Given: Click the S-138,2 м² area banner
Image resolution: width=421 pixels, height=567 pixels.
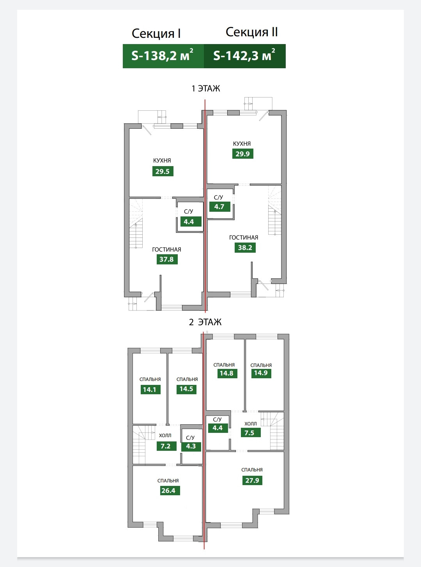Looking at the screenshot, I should point(163,56).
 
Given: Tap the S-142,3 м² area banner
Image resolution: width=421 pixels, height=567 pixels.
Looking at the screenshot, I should point(244,56).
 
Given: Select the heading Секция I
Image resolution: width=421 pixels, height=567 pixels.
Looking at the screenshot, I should point(156,34).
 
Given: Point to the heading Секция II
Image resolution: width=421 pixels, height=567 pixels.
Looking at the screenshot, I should point(251,32).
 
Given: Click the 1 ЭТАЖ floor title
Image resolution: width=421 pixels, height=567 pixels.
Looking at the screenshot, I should point(205,89).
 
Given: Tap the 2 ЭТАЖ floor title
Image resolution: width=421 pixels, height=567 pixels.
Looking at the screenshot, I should point(205,322).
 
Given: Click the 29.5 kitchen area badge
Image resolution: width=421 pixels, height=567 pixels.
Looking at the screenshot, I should point(163,171).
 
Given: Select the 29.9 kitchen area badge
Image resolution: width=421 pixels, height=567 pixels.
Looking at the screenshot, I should point(242,154).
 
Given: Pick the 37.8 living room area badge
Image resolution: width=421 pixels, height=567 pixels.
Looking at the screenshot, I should point(166,259).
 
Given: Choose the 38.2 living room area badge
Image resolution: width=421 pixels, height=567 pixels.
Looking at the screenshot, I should point(245,247).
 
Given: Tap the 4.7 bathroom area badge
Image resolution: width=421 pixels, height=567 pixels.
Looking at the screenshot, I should point(219,207).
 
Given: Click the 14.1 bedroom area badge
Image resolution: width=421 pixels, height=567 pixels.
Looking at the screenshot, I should point(150,389).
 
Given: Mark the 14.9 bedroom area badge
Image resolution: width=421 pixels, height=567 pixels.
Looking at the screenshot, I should point(261,373).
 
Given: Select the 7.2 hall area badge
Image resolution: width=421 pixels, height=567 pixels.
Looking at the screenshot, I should point(166,446).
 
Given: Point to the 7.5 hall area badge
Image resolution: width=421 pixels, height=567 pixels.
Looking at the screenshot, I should point(249,433).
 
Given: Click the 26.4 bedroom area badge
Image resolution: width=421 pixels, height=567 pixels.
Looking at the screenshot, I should point(168,491).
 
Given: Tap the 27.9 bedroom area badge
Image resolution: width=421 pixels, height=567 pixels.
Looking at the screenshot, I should point(252,480).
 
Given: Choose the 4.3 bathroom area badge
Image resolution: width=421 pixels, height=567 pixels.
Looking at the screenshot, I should point(191,446).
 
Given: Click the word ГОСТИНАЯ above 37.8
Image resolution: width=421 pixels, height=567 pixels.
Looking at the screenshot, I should point(166,250).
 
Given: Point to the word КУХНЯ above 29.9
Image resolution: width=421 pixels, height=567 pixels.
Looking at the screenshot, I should point(242,144).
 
